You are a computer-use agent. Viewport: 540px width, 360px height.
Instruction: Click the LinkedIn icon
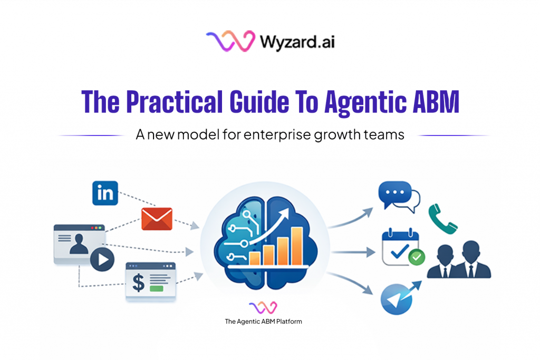click(105, 193)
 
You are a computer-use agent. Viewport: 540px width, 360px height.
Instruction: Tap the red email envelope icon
click(157, 219)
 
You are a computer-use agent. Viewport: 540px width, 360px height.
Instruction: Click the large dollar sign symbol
click(139, 282)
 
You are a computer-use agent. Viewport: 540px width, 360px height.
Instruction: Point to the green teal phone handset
click(443, 218)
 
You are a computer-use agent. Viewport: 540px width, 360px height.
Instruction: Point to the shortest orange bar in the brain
click(255, 257)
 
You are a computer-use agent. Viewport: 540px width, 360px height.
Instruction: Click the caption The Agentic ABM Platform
click(263, 322)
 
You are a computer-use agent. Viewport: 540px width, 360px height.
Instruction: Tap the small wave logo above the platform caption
click(263, 307)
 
